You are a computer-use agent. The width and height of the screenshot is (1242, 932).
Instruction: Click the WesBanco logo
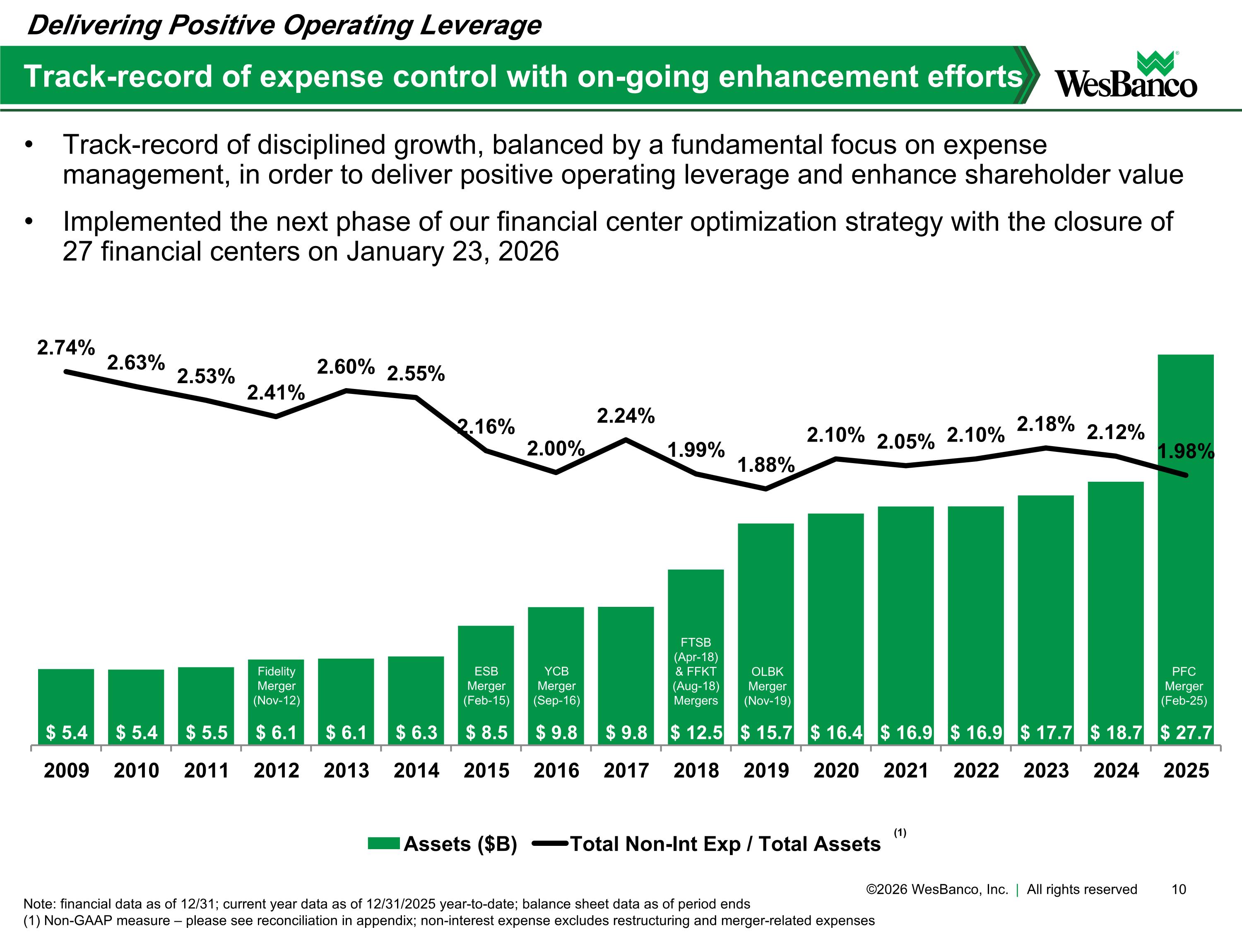click(x=1125, y=76)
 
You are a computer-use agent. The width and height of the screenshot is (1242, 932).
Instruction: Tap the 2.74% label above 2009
click(x=66, y=348)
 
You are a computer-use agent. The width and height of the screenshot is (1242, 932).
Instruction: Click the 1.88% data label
click(x=765, y=465)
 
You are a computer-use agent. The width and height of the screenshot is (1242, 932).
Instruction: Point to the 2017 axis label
click(x=626, y=770)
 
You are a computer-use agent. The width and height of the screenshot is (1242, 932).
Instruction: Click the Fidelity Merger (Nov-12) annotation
click(x=276, y=686)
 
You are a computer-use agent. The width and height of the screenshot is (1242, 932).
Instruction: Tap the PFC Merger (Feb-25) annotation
click(x=1184, y=686)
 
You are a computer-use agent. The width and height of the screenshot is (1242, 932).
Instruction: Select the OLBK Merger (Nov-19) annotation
click(x=767, y=686)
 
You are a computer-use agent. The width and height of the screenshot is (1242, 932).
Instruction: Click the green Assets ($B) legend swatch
click(x=383, y=844)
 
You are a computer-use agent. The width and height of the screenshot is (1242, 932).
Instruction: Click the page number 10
click(x=1179, y=889)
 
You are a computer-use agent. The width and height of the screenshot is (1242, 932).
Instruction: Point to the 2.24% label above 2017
click(x=626, y=416)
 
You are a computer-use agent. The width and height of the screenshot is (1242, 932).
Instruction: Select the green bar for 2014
click(x=416, y=697)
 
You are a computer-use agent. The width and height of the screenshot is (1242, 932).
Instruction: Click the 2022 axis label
click(x=976, y=770)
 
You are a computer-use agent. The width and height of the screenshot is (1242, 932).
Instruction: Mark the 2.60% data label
click(x=346, y=367)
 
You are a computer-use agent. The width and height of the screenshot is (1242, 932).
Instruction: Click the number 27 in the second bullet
click(x=77, y=252)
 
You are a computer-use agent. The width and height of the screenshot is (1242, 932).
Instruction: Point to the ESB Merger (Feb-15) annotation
click(x=486, y=686)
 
